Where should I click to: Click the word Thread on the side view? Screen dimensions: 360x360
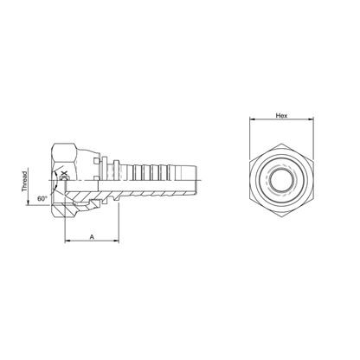pos(25,182)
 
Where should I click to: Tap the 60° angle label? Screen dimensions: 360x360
pos(42,198)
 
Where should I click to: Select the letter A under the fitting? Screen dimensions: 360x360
pos(92,237)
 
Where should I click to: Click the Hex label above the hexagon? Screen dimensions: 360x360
pos(282,115)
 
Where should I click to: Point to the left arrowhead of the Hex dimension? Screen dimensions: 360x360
pos(252,119)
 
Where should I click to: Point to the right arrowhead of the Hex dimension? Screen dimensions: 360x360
pos(312,119)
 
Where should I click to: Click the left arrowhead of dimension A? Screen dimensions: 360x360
pos(67,241)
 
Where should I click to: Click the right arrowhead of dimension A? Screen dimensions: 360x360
pos(116,241)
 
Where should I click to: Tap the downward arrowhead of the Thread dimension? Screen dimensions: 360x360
pos(28,202)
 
